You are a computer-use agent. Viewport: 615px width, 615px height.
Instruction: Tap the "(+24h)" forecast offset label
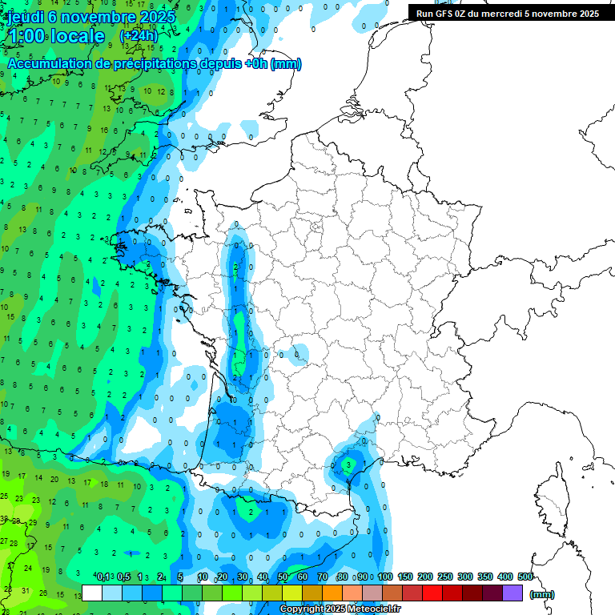(x=139, y=36)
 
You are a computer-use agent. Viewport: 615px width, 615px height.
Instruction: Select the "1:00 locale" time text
(x=56, y=37)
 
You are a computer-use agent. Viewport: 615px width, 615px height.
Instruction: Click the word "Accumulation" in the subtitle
(x=47, y=64)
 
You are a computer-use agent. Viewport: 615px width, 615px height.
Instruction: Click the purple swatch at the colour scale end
(x=513, y=593)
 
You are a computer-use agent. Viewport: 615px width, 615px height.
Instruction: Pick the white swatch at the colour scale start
(x=92, y=593)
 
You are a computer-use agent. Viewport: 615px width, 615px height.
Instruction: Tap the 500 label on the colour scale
(x=525, y=577)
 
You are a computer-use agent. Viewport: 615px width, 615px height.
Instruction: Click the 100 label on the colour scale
(x=385, y=577)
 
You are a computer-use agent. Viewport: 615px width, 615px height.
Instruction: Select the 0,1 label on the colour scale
(x=102, y=577)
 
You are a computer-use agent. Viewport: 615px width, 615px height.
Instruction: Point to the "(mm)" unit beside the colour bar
(x=542, y=594)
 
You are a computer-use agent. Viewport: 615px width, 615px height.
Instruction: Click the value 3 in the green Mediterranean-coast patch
(x=348, y=464)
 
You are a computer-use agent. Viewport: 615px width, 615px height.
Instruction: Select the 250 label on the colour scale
(x=444, y=577)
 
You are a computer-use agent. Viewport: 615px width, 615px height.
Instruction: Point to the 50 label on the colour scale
(x=283, y=577)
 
